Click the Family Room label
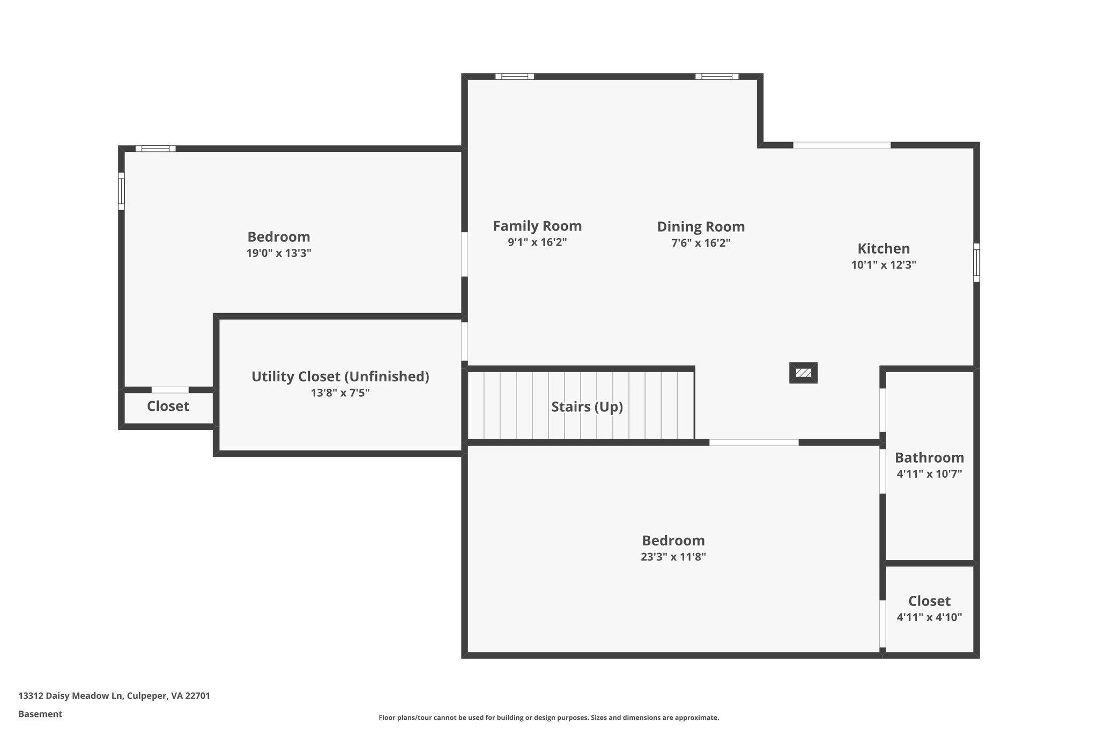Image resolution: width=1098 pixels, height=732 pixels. click(537, 226)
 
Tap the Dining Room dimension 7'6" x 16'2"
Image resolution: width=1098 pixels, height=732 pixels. click(701, 243)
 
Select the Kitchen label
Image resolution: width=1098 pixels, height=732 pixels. click(884, 248)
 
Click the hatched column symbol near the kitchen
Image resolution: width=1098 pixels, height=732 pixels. click(803, 373)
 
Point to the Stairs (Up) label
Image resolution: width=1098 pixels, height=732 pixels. click(587, 406)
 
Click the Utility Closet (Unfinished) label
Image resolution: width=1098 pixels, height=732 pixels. click(340, 376)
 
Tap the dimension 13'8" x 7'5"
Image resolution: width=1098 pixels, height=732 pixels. click(340, 393)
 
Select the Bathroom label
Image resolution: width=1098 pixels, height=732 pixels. click(929, 457)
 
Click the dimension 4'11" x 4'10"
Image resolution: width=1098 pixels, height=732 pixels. click(929, 617)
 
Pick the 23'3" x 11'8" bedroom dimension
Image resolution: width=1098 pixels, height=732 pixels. click(673, 557)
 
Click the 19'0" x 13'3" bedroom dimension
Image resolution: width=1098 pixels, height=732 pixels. click(279, 253)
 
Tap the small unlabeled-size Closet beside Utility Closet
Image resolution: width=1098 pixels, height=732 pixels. click(168, 406)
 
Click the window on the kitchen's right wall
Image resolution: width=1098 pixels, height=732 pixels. click(976, 262)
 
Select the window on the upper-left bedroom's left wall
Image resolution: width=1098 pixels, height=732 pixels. click(121, 191)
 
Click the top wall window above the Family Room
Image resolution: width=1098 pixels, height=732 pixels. click(515, 76)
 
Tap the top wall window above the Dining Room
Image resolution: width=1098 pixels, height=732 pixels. click(717, 76)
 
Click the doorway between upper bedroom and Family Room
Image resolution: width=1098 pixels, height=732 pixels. click(464, 254)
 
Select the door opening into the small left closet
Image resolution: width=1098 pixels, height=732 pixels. click(170, 390)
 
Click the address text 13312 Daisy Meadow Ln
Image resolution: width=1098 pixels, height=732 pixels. click(114, 696)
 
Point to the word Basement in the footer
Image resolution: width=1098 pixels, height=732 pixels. click(40, 714)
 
